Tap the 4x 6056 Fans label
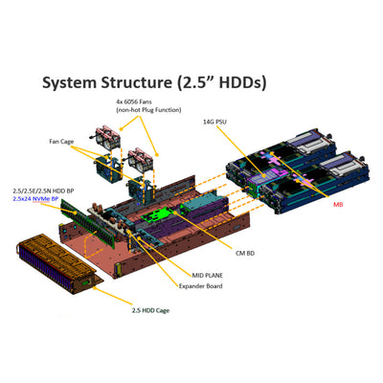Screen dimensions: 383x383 (140, 101)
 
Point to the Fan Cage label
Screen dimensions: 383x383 (63, 142)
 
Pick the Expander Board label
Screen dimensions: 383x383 (203, 285)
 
